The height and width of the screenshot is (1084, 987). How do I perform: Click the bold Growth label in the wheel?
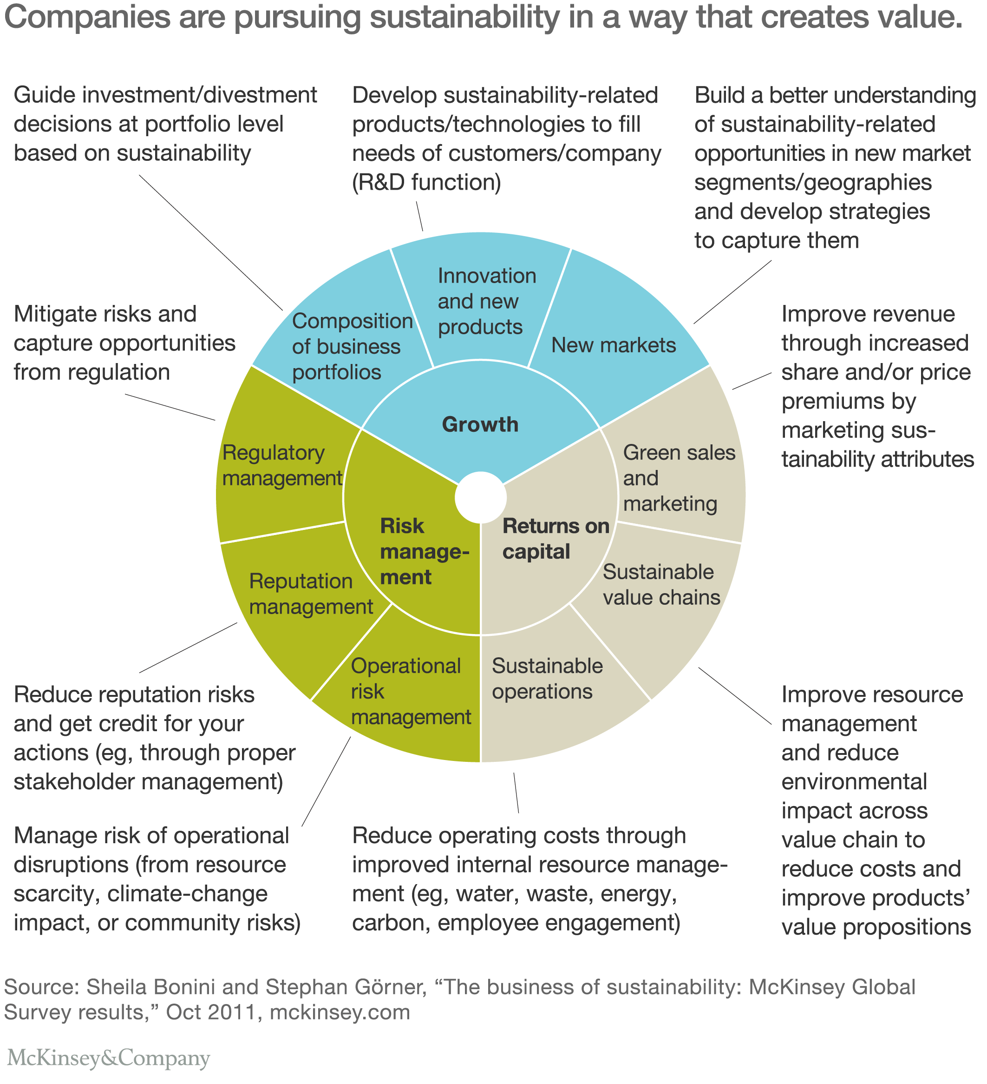point(480,425)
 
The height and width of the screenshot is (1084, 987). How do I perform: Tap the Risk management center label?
point(424,552)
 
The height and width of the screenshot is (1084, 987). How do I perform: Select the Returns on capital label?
point(556,539)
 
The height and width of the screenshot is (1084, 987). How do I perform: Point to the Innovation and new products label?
point(486,302)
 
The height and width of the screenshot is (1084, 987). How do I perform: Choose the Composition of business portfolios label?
point(352,347)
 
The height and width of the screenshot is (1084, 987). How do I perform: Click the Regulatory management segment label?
point(281,466)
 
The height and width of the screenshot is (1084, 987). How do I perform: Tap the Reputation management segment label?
point(311,594)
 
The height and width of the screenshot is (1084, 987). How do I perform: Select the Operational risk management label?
point(411,692)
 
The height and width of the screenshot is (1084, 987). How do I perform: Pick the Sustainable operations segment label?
point(547,679)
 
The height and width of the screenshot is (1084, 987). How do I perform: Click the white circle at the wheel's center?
point(480,497)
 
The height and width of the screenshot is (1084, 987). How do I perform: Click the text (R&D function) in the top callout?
point(426,183)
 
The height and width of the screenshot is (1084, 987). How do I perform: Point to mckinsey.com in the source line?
point(340,1012)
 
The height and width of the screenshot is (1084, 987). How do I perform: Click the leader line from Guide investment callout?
point(210,242)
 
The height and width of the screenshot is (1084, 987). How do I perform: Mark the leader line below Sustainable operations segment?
point(516,793)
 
